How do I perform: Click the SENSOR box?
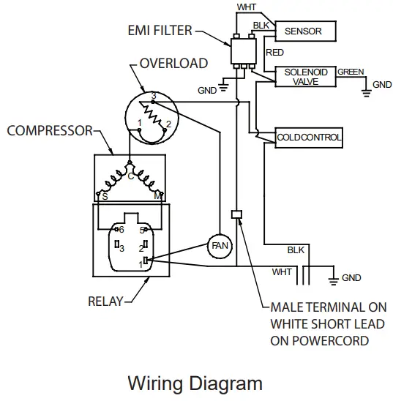tap(307, 31)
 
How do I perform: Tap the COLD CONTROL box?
tap(309, 137)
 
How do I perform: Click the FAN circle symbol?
tap(219, 246)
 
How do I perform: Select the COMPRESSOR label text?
tap(50, 131)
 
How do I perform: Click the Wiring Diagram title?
tap(195, 383)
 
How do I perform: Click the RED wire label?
tap(274, 53)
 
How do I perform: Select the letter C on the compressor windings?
tap(130, 176)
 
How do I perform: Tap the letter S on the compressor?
tap(105, 195)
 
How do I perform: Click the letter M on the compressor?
tap(157, 195)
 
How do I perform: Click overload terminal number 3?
tap(153, 96)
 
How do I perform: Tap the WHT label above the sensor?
tap(247, 7)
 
